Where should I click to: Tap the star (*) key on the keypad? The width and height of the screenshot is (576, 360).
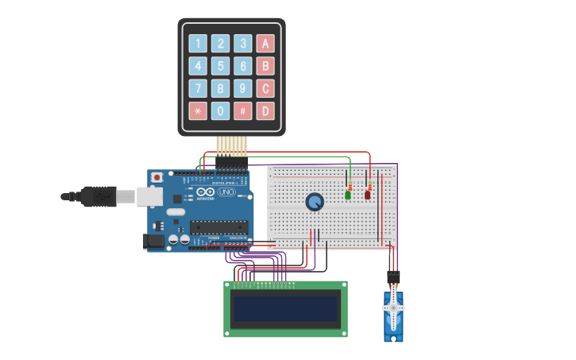point(198,110)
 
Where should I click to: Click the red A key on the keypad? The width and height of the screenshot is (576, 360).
point(265,44)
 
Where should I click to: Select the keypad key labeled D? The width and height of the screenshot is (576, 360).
point(265,110)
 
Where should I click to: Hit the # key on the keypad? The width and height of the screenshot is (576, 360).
point(242,110)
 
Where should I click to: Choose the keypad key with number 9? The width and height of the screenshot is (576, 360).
point(242,88)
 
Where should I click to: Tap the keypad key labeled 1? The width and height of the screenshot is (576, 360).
point(198,44)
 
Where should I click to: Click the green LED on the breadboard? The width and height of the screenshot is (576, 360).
point(348,194)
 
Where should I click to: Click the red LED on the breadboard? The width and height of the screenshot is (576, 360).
point(367,194)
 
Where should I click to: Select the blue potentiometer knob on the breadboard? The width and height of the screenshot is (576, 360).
point(315,202)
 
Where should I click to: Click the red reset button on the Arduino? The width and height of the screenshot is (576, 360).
point(157,176)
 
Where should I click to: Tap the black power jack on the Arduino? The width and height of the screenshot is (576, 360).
point(154,240)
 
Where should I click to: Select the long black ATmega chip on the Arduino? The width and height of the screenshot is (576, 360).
point(218,227)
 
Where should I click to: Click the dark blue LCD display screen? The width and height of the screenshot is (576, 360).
point(285,308)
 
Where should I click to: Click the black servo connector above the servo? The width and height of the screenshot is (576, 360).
point(393,277)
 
